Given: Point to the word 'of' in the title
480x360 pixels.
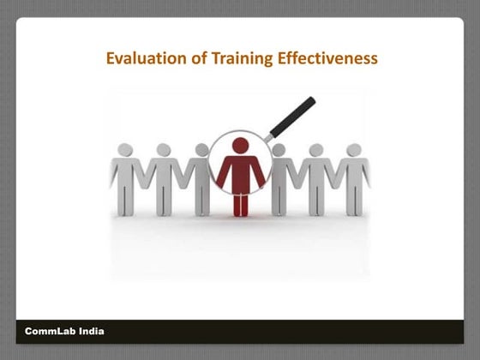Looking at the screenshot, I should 192,59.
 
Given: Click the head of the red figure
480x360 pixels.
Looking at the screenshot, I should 240,146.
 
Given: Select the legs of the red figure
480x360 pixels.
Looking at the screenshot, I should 240,202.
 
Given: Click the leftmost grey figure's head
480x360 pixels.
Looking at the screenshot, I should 126,150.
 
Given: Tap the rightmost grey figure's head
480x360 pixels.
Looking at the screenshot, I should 353,150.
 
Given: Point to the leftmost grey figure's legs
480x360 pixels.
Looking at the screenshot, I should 126,202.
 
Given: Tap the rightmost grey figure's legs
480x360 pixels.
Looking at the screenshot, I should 353,202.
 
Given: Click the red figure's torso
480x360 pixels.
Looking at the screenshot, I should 240,171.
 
